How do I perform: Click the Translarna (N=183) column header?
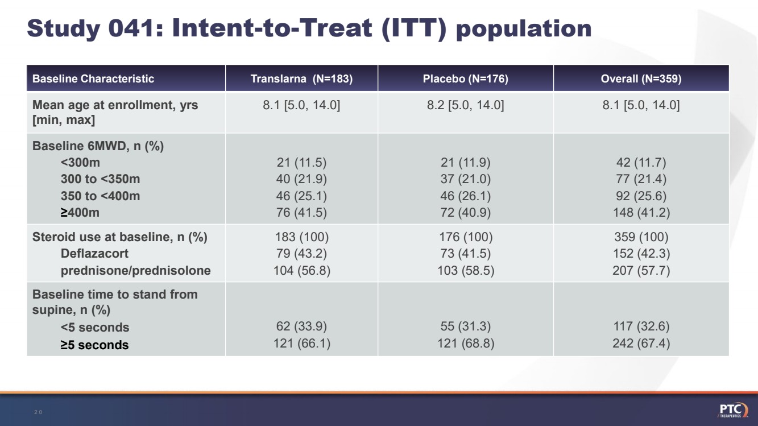click(301, 79)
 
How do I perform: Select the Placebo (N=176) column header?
click(465, 79)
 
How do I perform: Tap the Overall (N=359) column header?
click(641, 79)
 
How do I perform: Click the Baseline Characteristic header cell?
click(93, 79)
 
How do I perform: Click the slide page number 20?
click(38, 412)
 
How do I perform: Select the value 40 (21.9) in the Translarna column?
click(301, 179)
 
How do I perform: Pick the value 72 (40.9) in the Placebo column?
click(465, 213)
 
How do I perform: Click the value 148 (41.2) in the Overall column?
click(641, 213)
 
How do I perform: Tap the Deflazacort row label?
click(94, 254)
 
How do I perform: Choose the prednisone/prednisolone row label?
click(135, 271)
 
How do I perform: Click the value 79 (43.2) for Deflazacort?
click(301, 254)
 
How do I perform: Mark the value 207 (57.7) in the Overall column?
click(641, 271)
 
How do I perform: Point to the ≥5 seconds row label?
click(94, 345)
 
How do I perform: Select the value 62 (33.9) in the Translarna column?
click(301, 326)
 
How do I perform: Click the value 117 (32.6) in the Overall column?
click(641, 326)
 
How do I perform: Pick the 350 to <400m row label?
click(100, 196)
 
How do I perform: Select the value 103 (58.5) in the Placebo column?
click(465, 271)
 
